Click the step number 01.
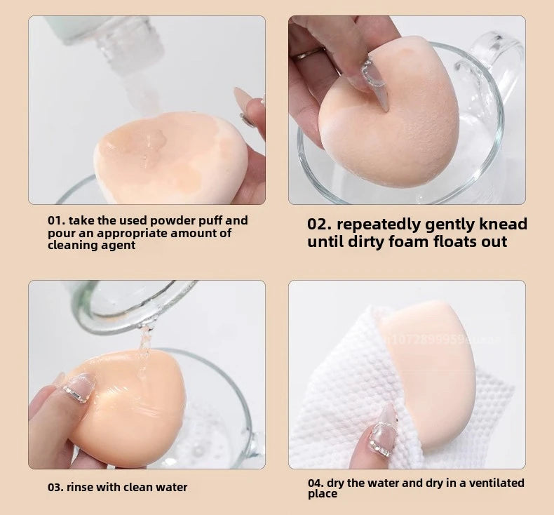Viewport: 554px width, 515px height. coord(55,220)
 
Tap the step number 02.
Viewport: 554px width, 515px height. coord(320,225)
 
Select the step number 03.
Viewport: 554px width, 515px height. coord(55,487)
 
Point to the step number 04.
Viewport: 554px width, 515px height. coord(316,483)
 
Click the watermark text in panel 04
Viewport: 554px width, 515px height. coord(435,339)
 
